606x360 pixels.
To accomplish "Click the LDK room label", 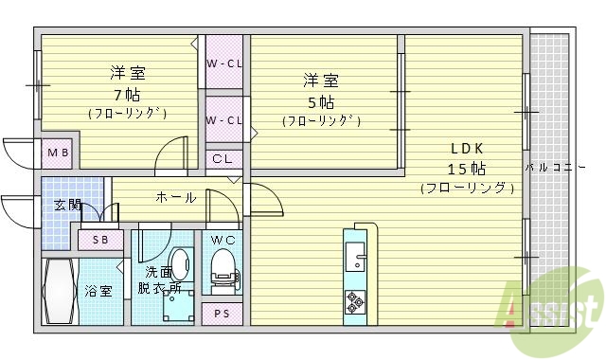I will click(468, 148).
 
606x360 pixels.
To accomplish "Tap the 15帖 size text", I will click(468, 169).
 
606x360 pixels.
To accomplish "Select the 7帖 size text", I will click(127, 94).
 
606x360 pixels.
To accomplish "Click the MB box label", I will click(58, 153).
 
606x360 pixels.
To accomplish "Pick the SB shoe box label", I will click(100, 241).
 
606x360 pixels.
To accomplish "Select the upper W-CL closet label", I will click(225, 64).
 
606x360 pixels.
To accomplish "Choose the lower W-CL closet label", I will click(225, 120).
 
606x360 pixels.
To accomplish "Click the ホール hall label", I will click(176, 197).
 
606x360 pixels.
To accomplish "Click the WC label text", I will click(223, 239).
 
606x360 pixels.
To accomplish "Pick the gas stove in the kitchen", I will click(356, 300).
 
